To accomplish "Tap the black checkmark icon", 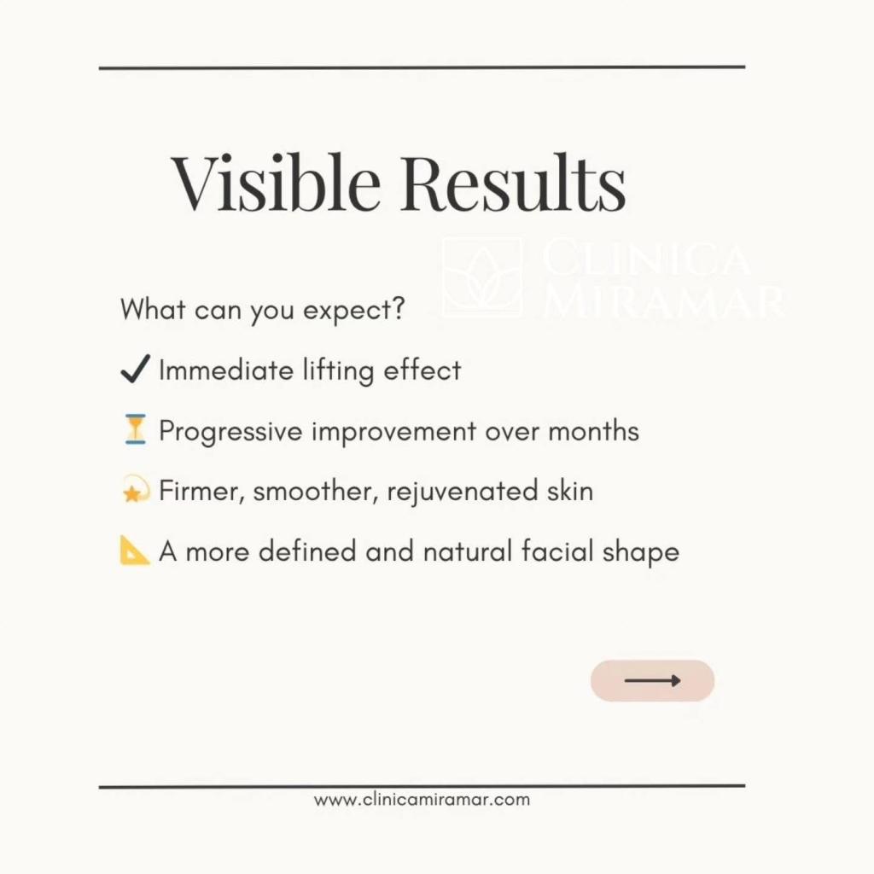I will [x=135, y=370].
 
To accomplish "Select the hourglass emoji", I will [x=135, y=430].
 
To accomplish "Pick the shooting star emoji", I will [x=135, y=492].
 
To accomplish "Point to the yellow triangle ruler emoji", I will [x=135, y=551].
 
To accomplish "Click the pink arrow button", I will [x=652, y=680].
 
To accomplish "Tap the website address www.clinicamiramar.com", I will [x=422, y=800].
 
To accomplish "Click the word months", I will [x=593, y=431].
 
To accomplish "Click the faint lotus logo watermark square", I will [x=481, y=277].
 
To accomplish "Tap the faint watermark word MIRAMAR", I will [x=663, y=300].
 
